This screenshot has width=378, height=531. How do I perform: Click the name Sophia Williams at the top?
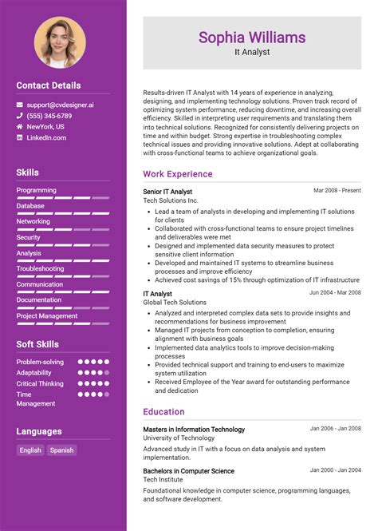click(x=252, y=37)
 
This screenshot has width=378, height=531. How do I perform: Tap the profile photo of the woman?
click(x=60, y=42)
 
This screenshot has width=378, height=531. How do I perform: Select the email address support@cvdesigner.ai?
click(x=60, y=105)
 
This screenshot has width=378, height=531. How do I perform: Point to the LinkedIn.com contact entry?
click(x=46, y=137)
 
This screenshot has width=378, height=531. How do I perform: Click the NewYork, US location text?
click(x=45, y=126)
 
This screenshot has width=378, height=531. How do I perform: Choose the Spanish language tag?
click(x=61, y=450)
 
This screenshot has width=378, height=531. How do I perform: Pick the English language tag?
click(x=30, y=450)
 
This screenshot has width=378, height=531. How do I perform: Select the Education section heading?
click(x=163, y=412)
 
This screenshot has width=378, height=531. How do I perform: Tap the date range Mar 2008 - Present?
click(x=337, y=191)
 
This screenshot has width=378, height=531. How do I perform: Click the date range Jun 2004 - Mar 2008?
click(x=335, y=293)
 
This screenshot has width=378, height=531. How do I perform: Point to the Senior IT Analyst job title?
click(x=167, y=192)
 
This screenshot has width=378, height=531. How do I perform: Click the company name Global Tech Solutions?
click(x=175, y=303)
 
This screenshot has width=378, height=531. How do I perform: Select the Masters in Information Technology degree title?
click(x=194, y=430)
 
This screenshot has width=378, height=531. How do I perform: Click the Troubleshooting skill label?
click(x=41, y=268)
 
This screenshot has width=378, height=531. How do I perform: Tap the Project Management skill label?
click(x=47, y=315)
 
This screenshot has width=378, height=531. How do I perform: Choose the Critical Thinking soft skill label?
click(x=40, y=383)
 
